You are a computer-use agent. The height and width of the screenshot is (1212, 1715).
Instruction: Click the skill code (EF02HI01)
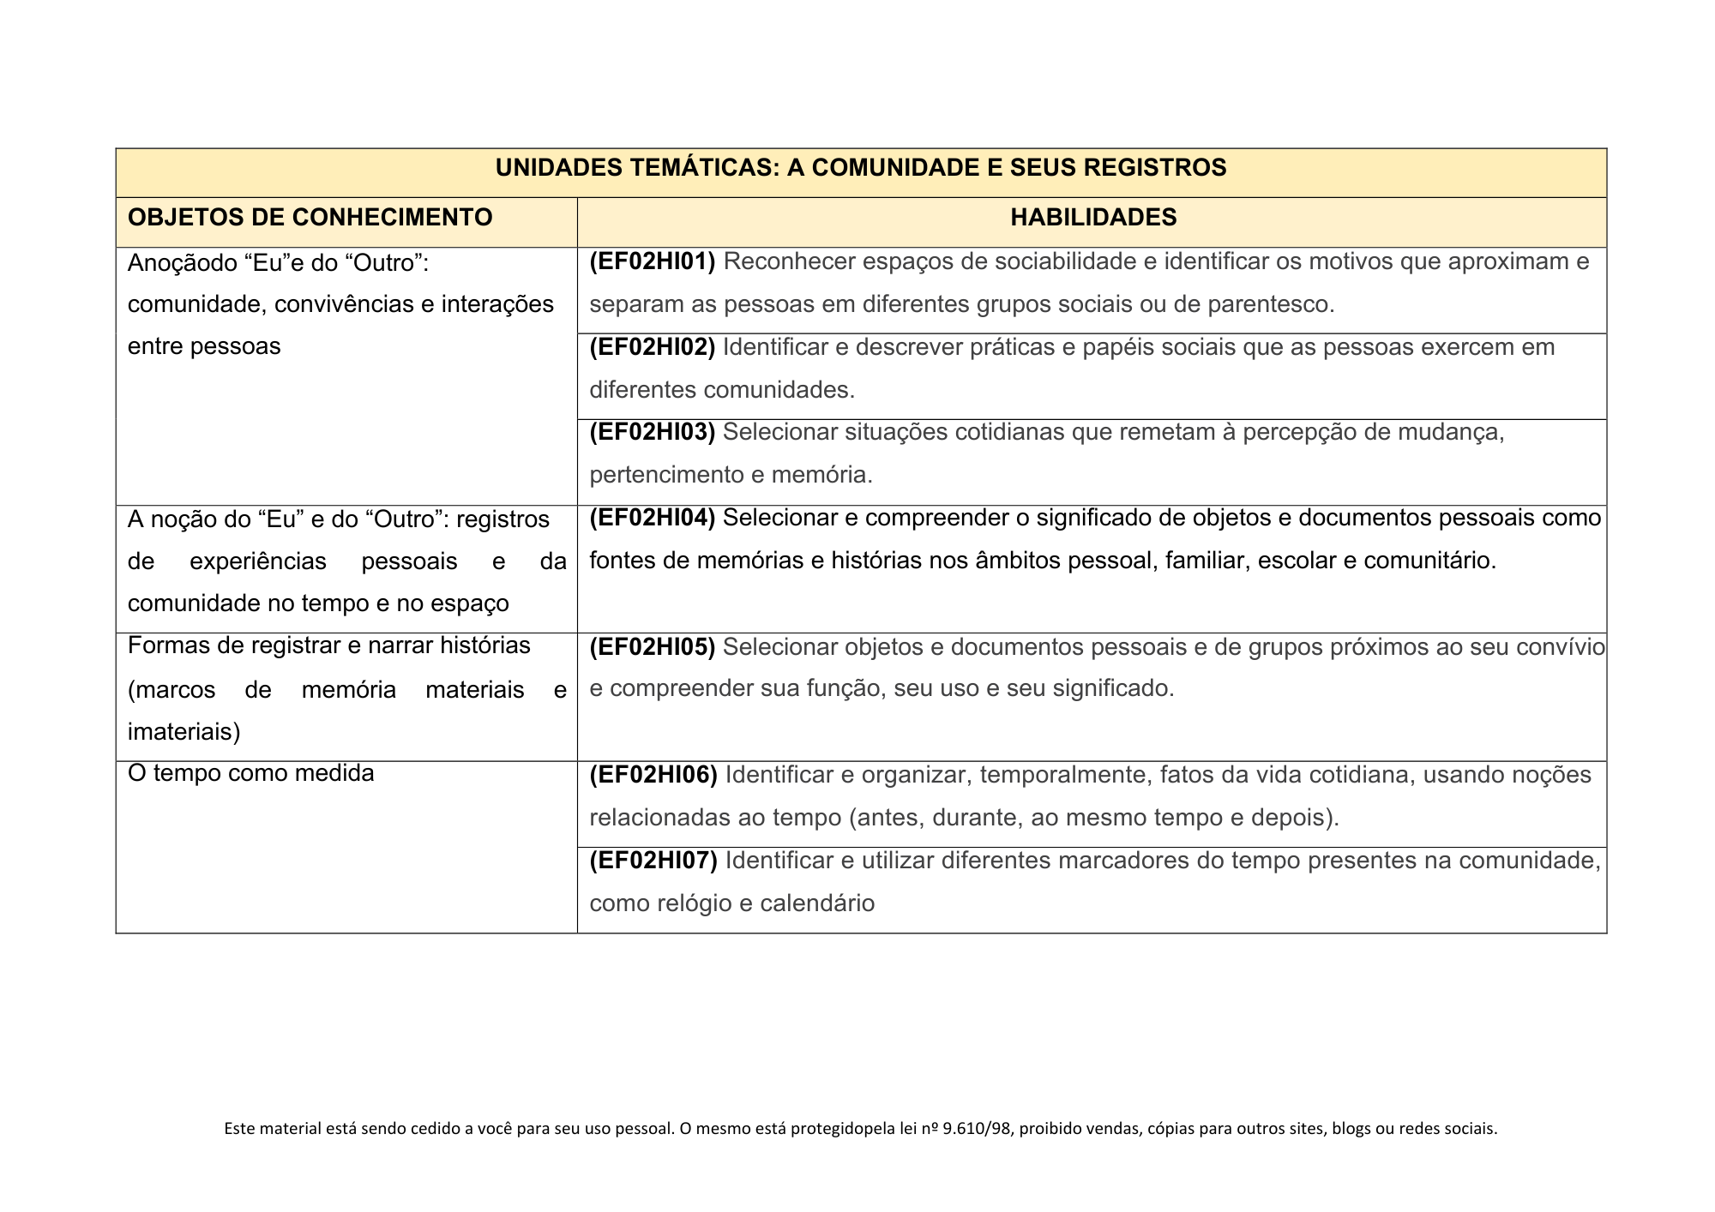(x=652, y=261)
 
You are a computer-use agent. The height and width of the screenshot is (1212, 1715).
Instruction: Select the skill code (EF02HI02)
(x=652, y=347)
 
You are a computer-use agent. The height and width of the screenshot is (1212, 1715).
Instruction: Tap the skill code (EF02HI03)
(x=652, y=432)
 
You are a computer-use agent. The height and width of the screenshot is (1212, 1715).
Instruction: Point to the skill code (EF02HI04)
(x=652, y=518)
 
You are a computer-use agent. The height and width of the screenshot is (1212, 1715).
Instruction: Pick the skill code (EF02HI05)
(x=652, y=646)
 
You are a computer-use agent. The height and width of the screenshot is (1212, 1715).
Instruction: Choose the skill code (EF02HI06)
(x=653, y=775)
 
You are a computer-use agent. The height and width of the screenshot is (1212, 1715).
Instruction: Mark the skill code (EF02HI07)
(x=653, y=860)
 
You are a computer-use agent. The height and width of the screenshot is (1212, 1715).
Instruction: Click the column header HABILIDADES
(x=1092, y=218)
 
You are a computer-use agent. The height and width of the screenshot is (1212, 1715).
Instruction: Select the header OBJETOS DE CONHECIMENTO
(x=310, y=218)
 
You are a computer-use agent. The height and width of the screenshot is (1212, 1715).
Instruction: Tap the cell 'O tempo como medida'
(x=250, y=773)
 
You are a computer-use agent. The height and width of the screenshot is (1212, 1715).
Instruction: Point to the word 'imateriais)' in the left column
(x=184, y=732)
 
